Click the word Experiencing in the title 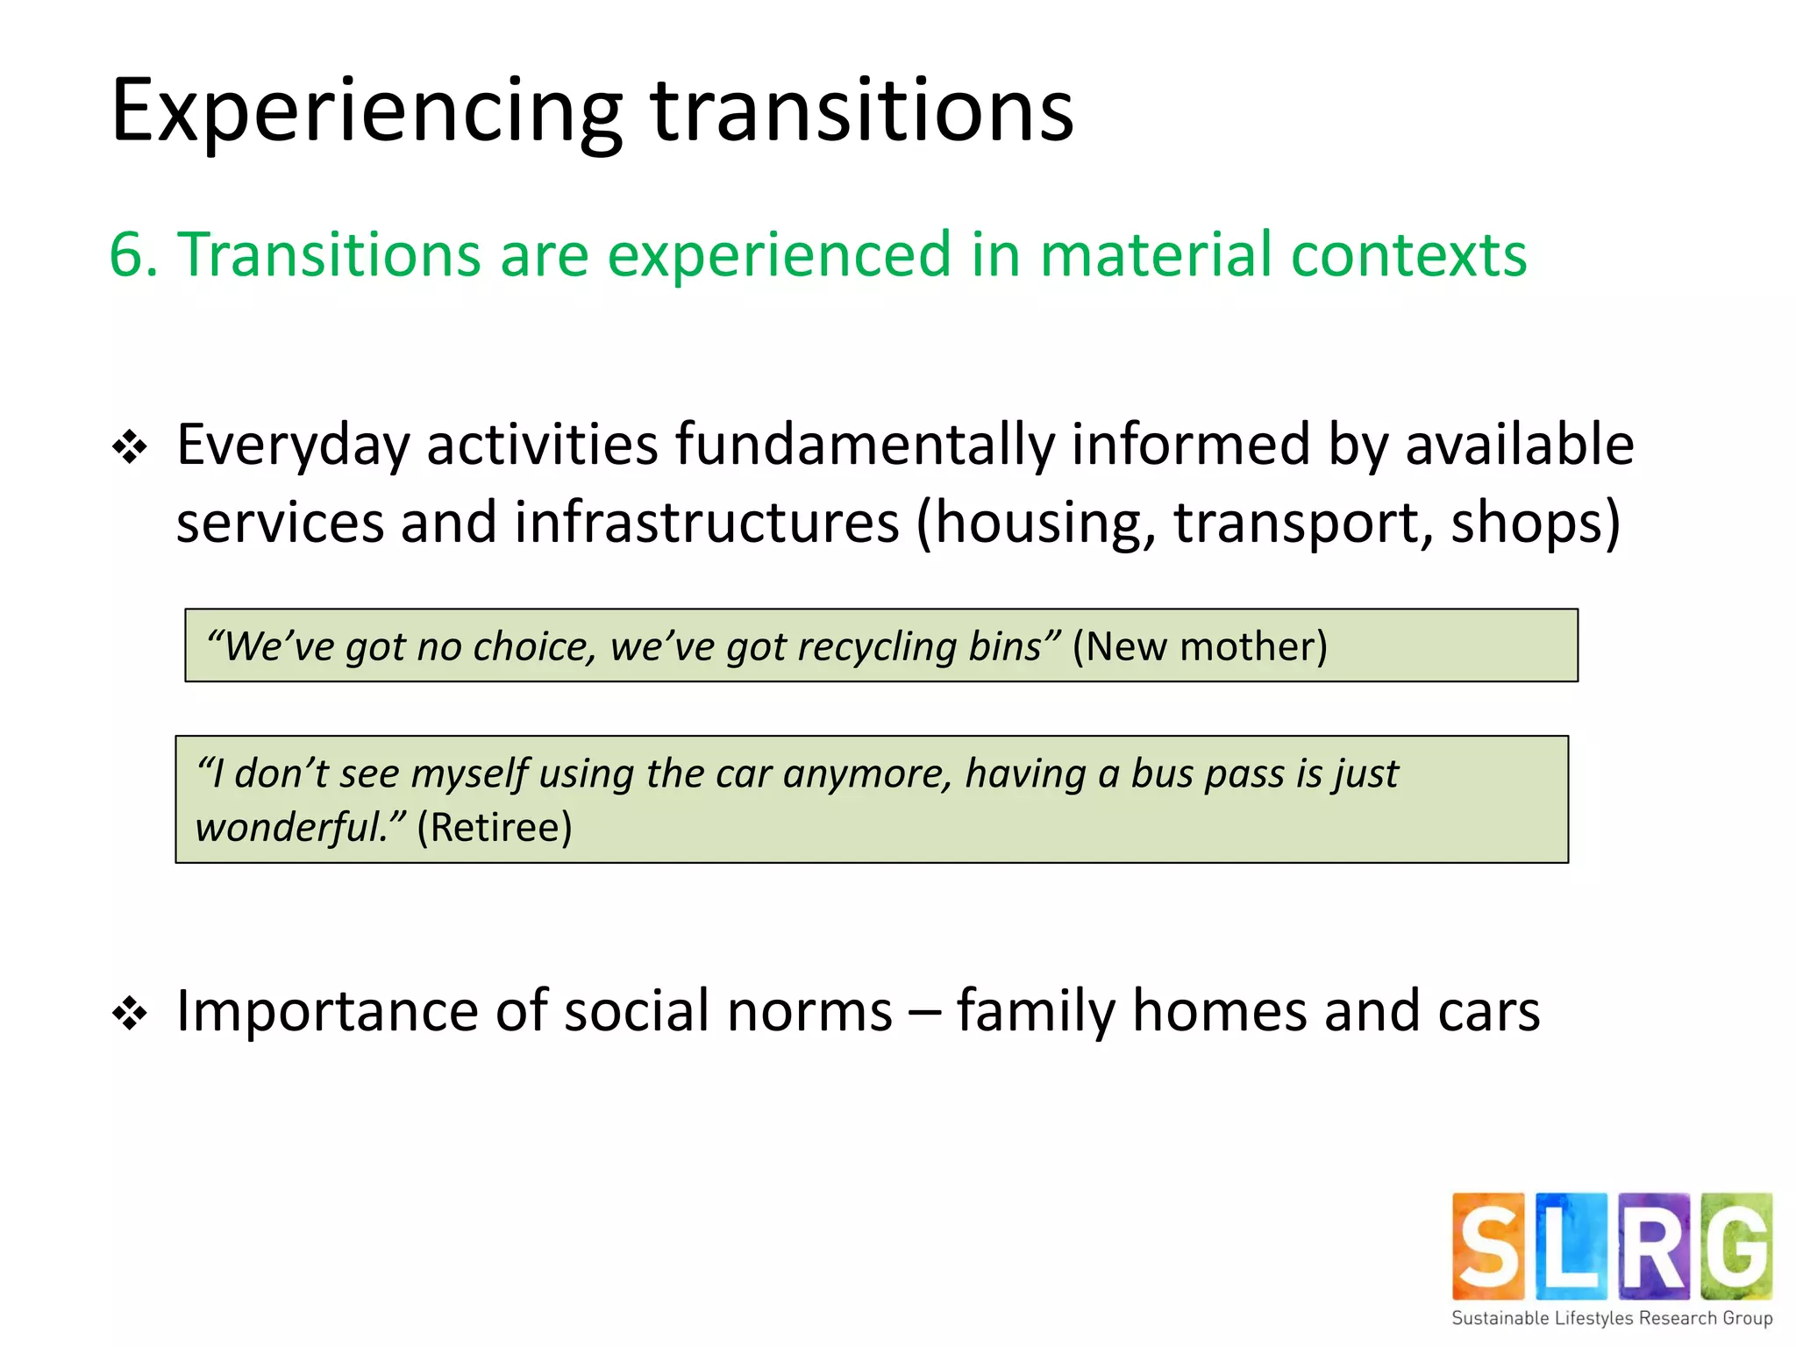tap(366, 112)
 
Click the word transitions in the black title tap(861, 112)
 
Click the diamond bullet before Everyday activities tap(130, 447)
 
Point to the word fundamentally tap(864, 445)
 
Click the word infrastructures tap(707, 523)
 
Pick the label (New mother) tap(1200, 646)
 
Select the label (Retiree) tap(495, 827)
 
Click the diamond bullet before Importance tap(130, 1014)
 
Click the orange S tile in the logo tap(1488, 1246)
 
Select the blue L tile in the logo tap(1571, 1246)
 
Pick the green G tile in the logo tap(1736, 1246)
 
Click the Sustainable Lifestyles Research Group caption tap(1612, 1318)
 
